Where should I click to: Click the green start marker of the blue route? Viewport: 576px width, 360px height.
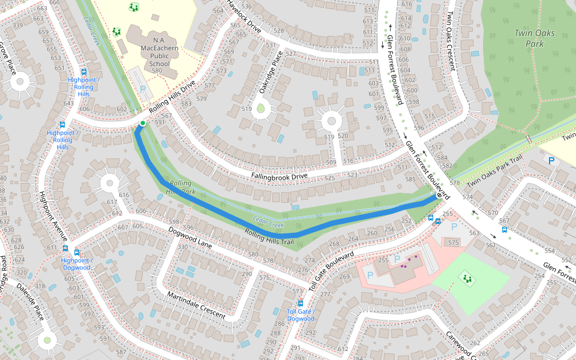coord(142,124)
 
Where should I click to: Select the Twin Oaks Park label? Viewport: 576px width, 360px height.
coord(534,38)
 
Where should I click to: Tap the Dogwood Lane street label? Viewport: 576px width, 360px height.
coord(190,238)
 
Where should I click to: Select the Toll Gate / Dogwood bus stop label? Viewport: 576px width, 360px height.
coord(301,315)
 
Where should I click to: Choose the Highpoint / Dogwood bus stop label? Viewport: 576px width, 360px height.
coord(77,263)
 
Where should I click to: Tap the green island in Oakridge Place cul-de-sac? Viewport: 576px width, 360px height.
coord(260,109)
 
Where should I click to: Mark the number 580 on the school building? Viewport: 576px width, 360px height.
coord(157,71)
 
